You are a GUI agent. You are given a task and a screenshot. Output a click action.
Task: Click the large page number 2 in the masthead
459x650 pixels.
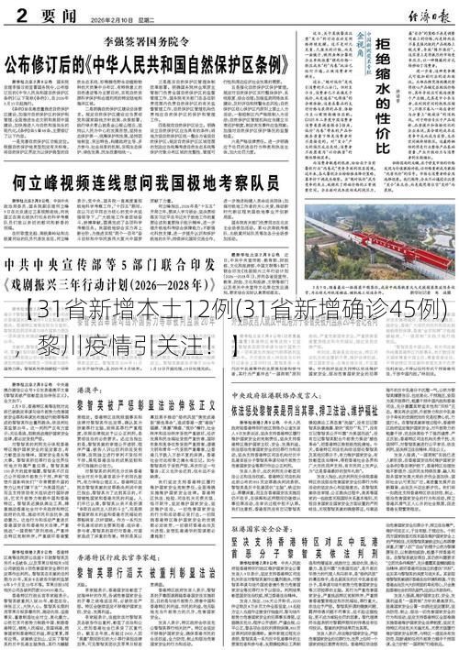(12, 12)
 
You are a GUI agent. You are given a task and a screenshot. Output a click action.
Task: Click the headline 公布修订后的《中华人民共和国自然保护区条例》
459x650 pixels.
(151, 64)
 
